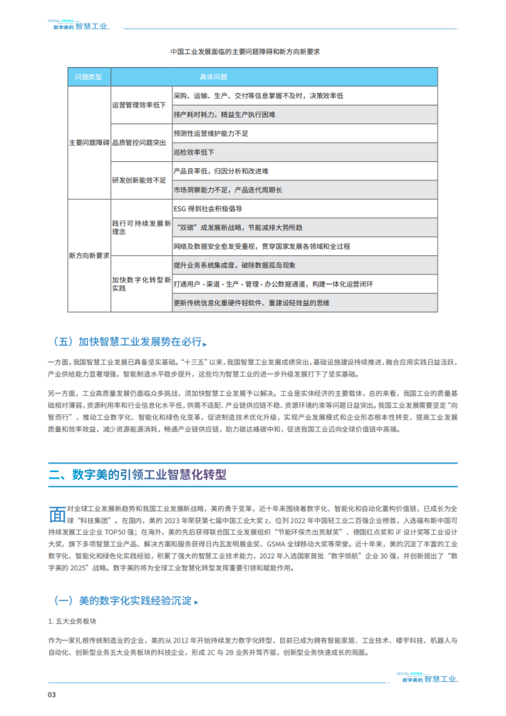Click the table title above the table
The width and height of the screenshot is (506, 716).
245,52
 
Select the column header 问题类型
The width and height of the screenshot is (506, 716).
89,76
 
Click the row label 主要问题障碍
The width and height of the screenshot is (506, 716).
89,143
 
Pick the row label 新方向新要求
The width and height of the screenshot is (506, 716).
89,255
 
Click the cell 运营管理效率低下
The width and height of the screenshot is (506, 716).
139,105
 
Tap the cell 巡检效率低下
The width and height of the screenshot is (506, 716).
194,152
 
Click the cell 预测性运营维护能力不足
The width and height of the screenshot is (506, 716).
211,133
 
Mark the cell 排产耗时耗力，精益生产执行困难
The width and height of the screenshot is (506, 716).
224,114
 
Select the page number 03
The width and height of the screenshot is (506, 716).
52,695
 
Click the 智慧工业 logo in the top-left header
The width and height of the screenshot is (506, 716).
79,27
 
